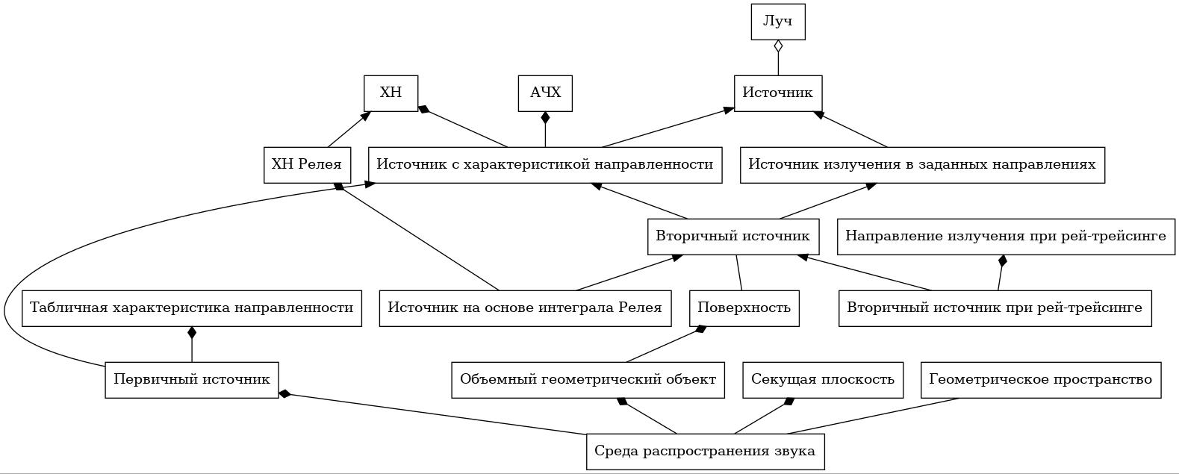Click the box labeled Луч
click(x=778, y=22)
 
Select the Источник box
click(x=778, y=93)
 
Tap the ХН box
click(x=391, y=93)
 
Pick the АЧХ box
click(x=545, y=93)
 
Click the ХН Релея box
click(x=307, y=165)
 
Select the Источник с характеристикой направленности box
click(x=545, y=165)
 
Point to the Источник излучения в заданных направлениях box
click(x=922, y=165)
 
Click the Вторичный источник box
click(x=733, y=237)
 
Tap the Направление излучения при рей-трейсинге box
click(x=1006, y=237)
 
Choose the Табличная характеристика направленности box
click(x=192, y=308)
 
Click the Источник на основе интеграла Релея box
click(x=526, y=308)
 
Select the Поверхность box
click(x=744, y=308)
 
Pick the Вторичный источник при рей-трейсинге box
click(x=995, y=308)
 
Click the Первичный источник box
click(x=192, y=380)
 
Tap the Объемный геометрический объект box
click(x=588, y=380)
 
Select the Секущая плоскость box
click(x=823, y=380)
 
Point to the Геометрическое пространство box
click(x=1041, y=380)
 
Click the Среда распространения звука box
click(x=706, y=452)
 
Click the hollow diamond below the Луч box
click(x=778, y=46)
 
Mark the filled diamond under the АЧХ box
click(x=545, y=118)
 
